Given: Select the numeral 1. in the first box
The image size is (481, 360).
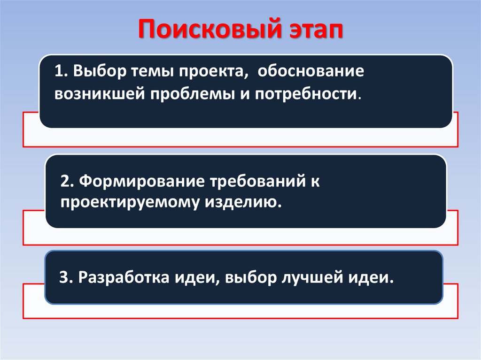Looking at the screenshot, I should pyautogui.click(x=62, y=73).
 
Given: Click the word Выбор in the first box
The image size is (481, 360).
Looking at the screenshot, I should pyautogui.click(x=98, y=73).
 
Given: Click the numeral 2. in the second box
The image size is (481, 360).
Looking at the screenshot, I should pyautogui.click(x=67, y=182).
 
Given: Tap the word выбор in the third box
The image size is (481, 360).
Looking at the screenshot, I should pyautogui.click(x=249, y=277).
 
